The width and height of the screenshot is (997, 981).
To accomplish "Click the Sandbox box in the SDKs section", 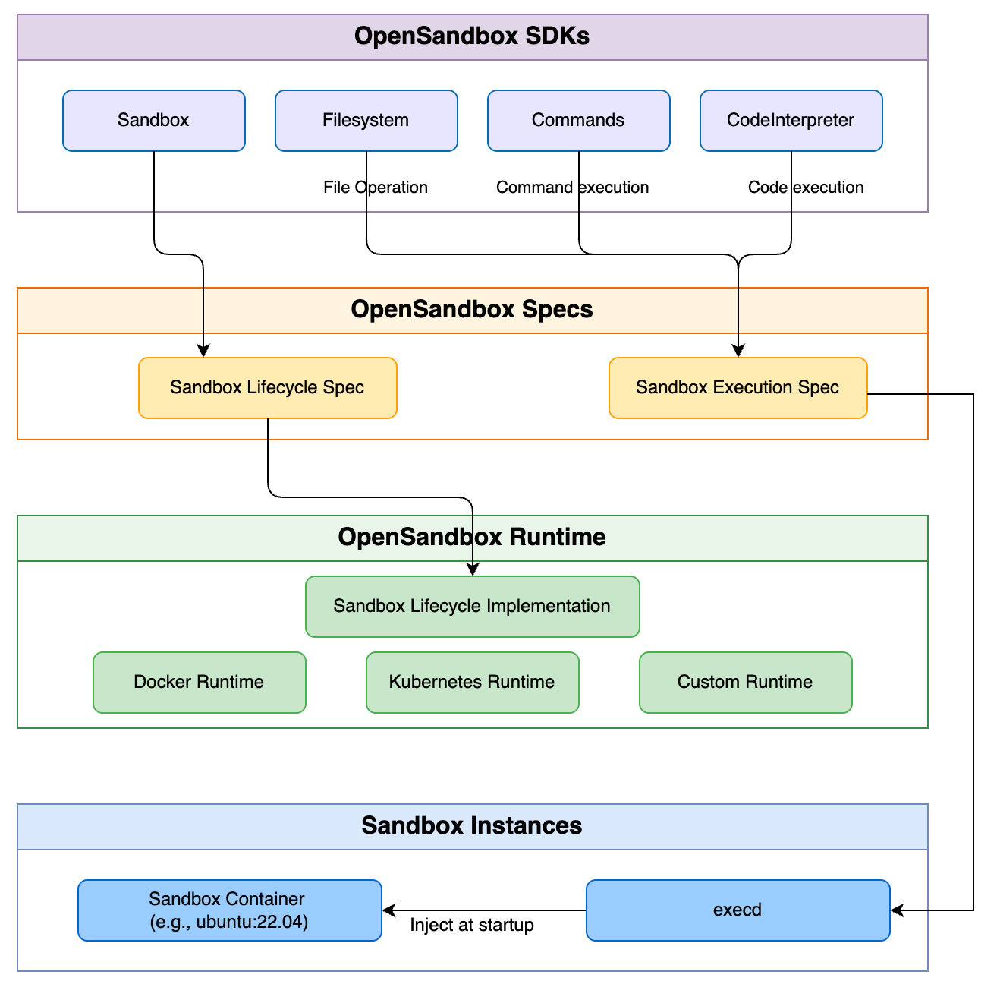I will tap(153, 121).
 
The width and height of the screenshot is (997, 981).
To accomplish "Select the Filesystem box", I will tap(366, 121).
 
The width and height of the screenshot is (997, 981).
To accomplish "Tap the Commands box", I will tap(578, 121).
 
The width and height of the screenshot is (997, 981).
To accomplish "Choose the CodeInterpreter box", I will tap(791, 121).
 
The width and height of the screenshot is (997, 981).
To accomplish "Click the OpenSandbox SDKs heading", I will tap(472, 36).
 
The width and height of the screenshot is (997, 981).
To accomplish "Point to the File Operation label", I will tap(375, 188).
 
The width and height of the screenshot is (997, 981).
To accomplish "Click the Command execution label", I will tap(572, 188).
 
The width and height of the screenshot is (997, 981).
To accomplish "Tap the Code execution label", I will tap(805, 188).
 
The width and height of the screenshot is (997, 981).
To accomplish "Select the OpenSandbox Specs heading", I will tap(472, 310).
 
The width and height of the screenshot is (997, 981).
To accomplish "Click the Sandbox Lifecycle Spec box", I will tap(267, 388).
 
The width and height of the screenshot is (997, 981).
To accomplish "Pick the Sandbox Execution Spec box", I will tap(738, 388).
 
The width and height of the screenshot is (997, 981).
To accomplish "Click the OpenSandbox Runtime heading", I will tap(472, 538).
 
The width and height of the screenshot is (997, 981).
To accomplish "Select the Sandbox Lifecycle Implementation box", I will tap(472, 607).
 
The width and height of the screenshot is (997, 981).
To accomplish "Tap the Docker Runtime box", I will tap(199, 683).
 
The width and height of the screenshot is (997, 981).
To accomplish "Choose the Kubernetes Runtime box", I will tap(472, 683).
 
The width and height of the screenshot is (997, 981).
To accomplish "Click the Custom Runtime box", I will tap(745, 683).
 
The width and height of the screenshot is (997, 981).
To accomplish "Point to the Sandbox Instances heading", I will tap(472, 826).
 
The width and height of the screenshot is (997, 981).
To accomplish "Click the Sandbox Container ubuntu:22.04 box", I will tap(229, 910).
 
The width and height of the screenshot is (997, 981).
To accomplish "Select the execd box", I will tap(738, 910).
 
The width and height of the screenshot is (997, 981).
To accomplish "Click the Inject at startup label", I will tap(471, 925).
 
